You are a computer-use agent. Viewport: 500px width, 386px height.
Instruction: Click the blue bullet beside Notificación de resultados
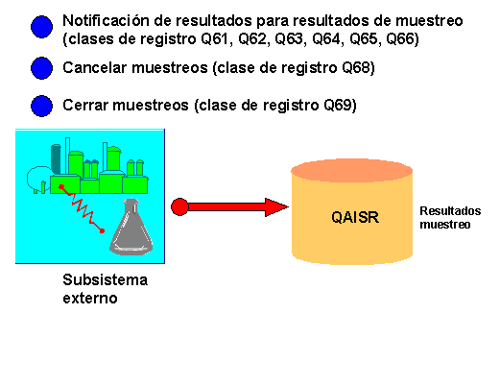point(42,28)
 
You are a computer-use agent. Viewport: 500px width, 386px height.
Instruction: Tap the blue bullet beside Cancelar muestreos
point(42,68)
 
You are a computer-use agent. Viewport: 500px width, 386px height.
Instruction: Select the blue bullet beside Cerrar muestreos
point(42,106)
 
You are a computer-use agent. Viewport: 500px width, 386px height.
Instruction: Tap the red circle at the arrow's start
point(179,206)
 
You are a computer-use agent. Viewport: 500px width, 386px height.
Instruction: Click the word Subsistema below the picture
point(106,281)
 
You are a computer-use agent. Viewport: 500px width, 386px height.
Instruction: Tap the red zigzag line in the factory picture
point(82,206)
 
